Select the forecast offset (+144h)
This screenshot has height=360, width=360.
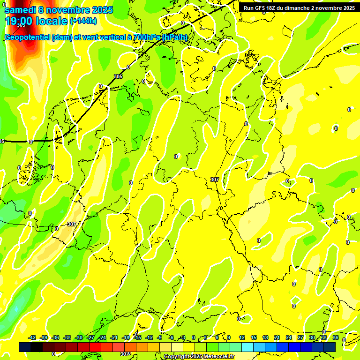pos(83,21)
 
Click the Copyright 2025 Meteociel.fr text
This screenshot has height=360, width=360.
pos(199,357)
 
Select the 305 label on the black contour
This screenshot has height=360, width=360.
pos(118,76)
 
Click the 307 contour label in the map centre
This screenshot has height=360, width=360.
pos(215,180)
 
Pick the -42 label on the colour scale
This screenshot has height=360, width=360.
pos(32,338)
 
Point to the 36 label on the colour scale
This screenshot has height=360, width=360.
pos(336,338)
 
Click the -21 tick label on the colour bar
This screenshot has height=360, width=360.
pos(114,338)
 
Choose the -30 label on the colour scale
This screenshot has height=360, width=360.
pos(79,338)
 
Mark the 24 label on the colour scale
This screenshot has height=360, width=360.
pos(289,338)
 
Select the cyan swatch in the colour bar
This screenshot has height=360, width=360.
pos(247,347)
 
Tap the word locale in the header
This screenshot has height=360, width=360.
pos(52,21)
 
